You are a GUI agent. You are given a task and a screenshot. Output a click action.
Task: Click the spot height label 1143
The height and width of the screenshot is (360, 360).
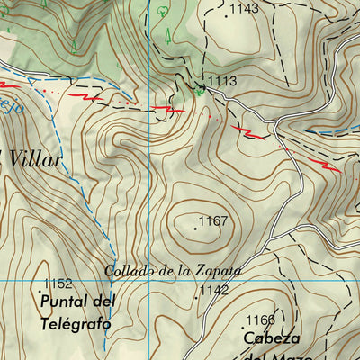(x=244, y=9)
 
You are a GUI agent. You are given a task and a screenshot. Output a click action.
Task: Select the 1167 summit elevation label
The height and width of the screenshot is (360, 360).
(x=214, y=220)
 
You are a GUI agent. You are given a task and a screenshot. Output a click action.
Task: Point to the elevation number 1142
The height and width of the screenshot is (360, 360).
(x=214, y=290)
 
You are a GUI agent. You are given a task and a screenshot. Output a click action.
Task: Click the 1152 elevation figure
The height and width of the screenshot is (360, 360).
(x=58, y=283)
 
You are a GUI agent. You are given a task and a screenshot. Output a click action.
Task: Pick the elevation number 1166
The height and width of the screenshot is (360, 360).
(x=260, y=319)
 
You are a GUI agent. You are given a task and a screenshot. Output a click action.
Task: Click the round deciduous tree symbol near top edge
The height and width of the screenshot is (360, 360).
(x=162, y=12)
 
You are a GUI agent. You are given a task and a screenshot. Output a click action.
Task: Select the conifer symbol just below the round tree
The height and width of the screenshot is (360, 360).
(x=168, y=35)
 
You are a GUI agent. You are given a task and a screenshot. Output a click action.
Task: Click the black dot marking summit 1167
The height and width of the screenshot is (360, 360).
(x=194, y=229)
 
